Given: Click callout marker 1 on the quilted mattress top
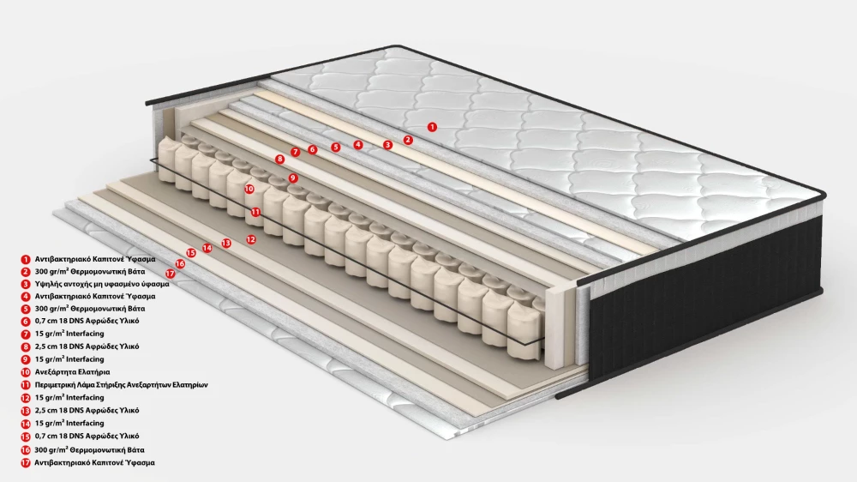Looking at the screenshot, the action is (x=432, y=127).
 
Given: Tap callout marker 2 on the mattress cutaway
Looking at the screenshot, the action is (x=408, y=140).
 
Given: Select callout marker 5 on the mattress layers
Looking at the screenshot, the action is (x=336, y=147).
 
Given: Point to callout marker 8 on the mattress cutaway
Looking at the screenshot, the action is (x=280, y=160).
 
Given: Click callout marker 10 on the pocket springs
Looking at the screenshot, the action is (x=249, y=189).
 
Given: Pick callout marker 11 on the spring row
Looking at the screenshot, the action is (x=255, y=212).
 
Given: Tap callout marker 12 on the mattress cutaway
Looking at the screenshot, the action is (x=251, y=239).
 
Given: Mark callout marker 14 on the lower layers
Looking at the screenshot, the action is (x=207, y=248).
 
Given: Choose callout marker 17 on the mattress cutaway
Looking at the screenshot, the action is (x=170, y=273).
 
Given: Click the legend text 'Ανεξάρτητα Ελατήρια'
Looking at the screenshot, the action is (x=72, y=372).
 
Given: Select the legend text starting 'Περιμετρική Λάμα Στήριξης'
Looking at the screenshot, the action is (x=121, y=384).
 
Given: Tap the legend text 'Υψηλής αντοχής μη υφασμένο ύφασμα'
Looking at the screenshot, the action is (x=102, y=284).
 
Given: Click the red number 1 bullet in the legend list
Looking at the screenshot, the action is (x=25, y=259).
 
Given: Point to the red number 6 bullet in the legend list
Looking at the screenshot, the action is (x=25, y=321).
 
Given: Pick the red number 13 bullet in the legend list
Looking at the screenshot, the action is (x=25, y=411).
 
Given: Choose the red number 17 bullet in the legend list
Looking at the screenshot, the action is (x=25, y=463).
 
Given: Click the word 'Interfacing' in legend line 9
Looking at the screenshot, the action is (x=85, y=359).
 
